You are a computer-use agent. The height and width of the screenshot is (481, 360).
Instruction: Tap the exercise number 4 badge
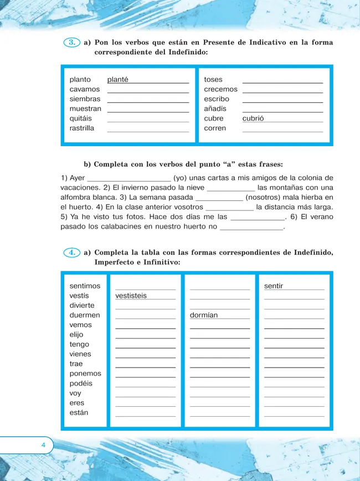point(73,252)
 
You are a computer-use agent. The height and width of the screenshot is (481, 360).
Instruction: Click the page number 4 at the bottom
point(43,445)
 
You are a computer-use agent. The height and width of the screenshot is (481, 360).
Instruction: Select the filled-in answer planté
point(118,80)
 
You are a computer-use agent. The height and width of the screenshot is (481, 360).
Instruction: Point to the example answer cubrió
point(253,118)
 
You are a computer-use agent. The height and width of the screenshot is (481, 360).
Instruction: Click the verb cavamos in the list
point(85,89)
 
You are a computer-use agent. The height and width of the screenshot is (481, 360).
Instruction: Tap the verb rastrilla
point(82,128)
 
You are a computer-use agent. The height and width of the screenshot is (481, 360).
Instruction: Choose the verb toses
point(213,80)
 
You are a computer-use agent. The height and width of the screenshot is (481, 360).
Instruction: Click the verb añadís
point(215,108)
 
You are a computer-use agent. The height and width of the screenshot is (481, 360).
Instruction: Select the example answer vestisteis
point(131,296)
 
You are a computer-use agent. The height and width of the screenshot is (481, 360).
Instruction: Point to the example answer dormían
point(204,315)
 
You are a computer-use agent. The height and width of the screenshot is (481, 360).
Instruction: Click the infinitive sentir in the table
point(274,286)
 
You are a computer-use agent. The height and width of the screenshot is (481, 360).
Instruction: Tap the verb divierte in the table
point(82,306)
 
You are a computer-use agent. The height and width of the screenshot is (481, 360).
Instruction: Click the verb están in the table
point(79,412)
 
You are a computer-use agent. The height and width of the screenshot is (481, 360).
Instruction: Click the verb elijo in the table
point(77,335)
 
